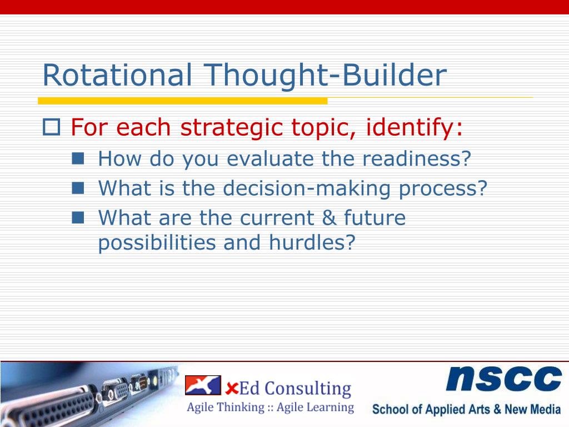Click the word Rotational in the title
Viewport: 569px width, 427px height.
pos(117,75)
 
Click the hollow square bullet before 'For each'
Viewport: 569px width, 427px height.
pos(51,127)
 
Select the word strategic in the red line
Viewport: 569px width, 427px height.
pos(232,128)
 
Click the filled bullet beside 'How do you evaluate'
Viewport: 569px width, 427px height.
pos(78,158)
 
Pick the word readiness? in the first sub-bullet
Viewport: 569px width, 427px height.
pos(417,158)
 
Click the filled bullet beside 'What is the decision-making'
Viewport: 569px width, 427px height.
pos(78,188)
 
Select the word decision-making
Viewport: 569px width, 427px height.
pos(306,189)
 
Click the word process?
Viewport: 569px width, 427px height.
pos(443,189)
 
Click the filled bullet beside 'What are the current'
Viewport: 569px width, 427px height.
pos(78,217)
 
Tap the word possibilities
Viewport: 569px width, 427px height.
pos(156,243)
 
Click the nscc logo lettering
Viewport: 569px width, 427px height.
pos(503,378)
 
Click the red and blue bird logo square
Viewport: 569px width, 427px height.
pos(203,385)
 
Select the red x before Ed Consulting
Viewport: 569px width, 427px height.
pos(232,389)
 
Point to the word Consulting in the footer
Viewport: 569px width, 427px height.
pos(308,389)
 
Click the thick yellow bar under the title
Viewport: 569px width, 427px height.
pos(182,101)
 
